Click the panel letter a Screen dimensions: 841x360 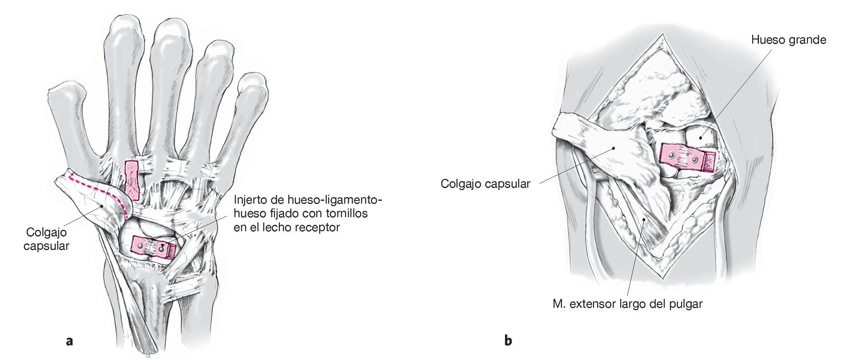[69, 341]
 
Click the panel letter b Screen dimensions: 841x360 [508, 341]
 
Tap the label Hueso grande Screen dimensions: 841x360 [788, 40]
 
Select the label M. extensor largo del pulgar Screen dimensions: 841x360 [627, 304]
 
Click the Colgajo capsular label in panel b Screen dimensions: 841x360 [485, 183]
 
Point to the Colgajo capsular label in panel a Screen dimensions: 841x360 [46, 239]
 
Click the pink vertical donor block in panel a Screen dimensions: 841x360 [132, 180]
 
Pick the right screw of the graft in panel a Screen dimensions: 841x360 [162, 248]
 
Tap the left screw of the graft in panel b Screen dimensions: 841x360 [672, 155]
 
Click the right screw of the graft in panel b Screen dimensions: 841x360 [695, 159]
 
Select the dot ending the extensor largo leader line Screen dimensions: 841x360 [644, 220]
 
